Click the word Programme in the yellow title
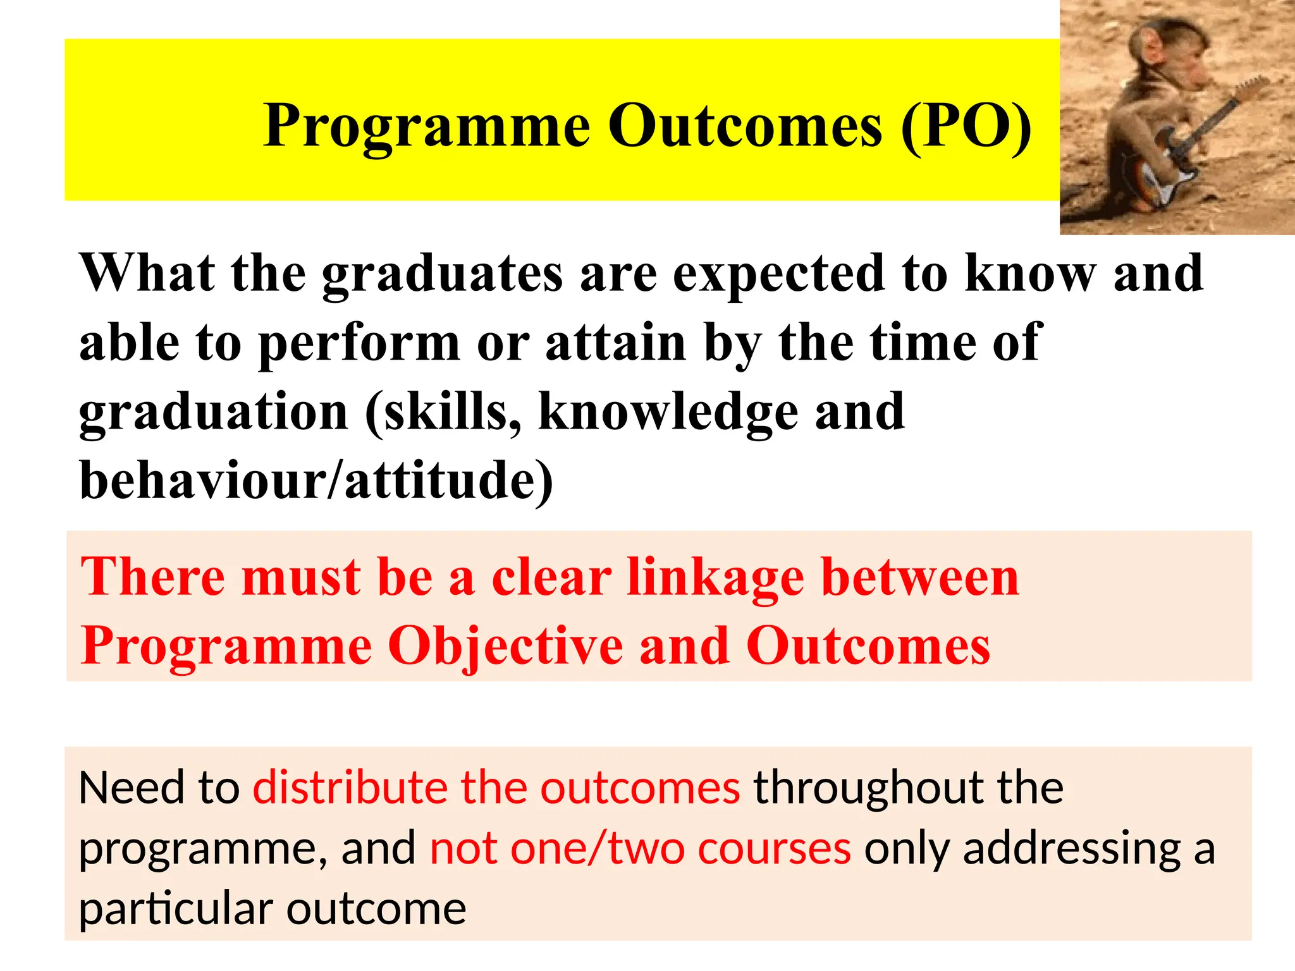tap(427, 126)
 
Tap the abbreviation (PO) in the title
tap(966, 126)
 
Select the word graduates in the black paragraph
tap(442, 274)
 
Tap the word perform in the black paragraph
tap(359, 343)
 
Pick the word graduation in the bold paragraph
tap(214, 413)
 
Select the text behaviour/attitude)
tap(316, 480)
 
